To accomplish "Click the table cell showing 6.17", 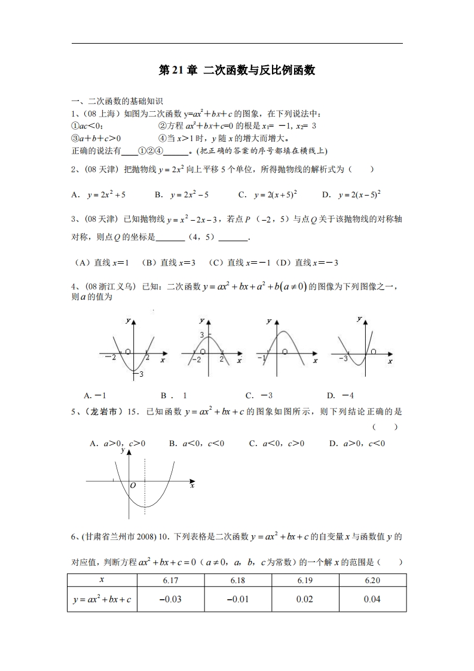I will coord(170,580).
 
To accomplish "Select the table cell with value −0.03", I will coord(170,599).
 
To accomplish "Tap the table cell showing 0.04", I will coord(372,599).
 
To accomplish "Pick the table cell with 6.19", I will coord(305,580).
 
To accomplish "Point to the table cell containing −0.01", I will coord(238,599).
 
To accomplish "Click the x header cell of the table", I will coord(102,580).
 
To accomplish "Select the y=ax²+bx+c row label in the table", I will coord(102,599).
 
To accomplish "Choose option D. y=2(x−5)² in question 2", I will coord(351,194).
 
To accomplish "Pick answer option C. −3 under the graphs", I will coord(259,395).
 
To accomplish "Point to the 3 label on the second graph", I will coord(201,334).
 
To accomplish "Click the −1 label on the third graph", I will coord(261,358).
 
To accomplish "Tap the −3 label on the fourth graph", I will coord(342,358).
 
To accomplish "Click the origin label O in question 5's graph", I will coord(133,486).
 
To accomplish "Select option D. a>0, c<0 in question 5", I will coord(357,443).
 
